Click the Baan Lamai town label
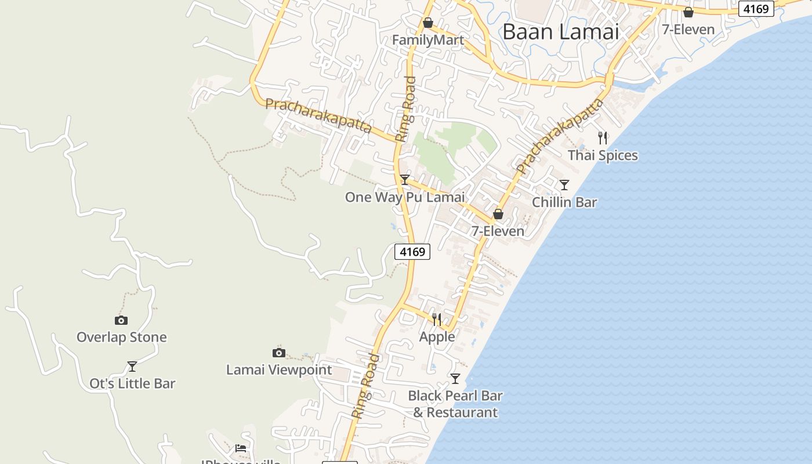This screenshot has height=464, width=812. (561, 31)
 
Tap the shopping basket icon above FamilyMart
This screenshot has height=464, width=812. (428, 23)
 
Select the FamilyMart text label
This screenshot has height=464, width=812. (428, 40)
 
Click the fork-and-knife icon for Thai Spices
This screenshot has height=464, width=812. (603, 138)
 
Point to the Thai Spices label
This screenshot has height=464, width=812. (603, 155)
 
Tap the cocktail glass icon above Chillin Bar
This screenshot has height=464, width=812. (564, 185)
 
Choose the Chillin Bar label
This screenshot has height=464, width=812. (564, 202)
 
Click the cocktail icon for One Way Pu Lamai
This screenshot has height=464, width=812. (405, 180)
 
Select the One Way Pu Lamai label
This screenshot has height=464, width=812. (405, 197)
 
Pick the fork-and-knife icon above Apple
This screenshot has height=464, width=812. (437, 319)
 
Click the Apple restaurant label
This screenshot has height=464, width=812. (437, 337)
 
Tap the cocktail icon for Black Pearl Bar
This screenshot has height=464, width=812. (455, 379)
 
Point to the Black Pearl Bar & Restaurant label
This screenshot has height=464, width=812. (455, 404)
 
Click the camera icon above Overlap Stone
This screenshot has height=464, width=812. (121, 320)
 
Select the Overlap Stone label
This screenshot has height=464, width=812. (122, 338)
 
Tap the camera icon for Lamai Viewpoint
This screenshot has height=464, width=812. (279, 353)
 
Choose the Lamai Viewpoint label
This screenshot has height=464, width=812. (279, 370)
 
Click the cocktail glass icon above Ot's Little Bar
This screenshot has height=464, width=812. (132, 367)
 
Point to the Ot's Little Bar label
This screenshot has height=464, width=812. (132, 384)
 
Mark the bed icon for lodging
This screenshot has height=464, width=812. (241, 448)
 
